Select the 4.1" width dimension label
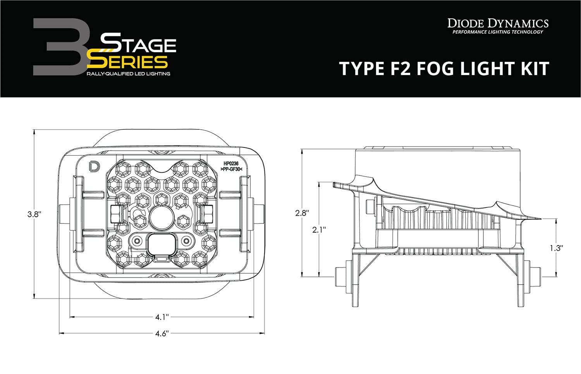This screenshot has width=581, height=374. click(x=162, y=317)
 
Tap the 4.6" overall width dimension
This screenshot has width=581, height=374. click(x=161, y=333)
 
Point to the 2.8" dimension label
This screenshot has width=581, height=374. click(x=302, y=213)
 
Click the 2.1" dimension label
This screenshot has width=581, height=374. click(x=319, y=230)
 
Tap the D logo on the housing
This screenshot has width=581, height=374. click(x=94, y=166)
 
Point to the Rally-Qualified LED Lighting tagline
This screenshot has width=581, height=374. click(x=128, y=74)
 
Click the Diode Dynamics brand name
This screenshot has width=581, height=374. click(x=498, y=23)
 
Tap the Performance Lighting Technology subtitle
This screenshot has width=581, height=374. click(x=498, y=32)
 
